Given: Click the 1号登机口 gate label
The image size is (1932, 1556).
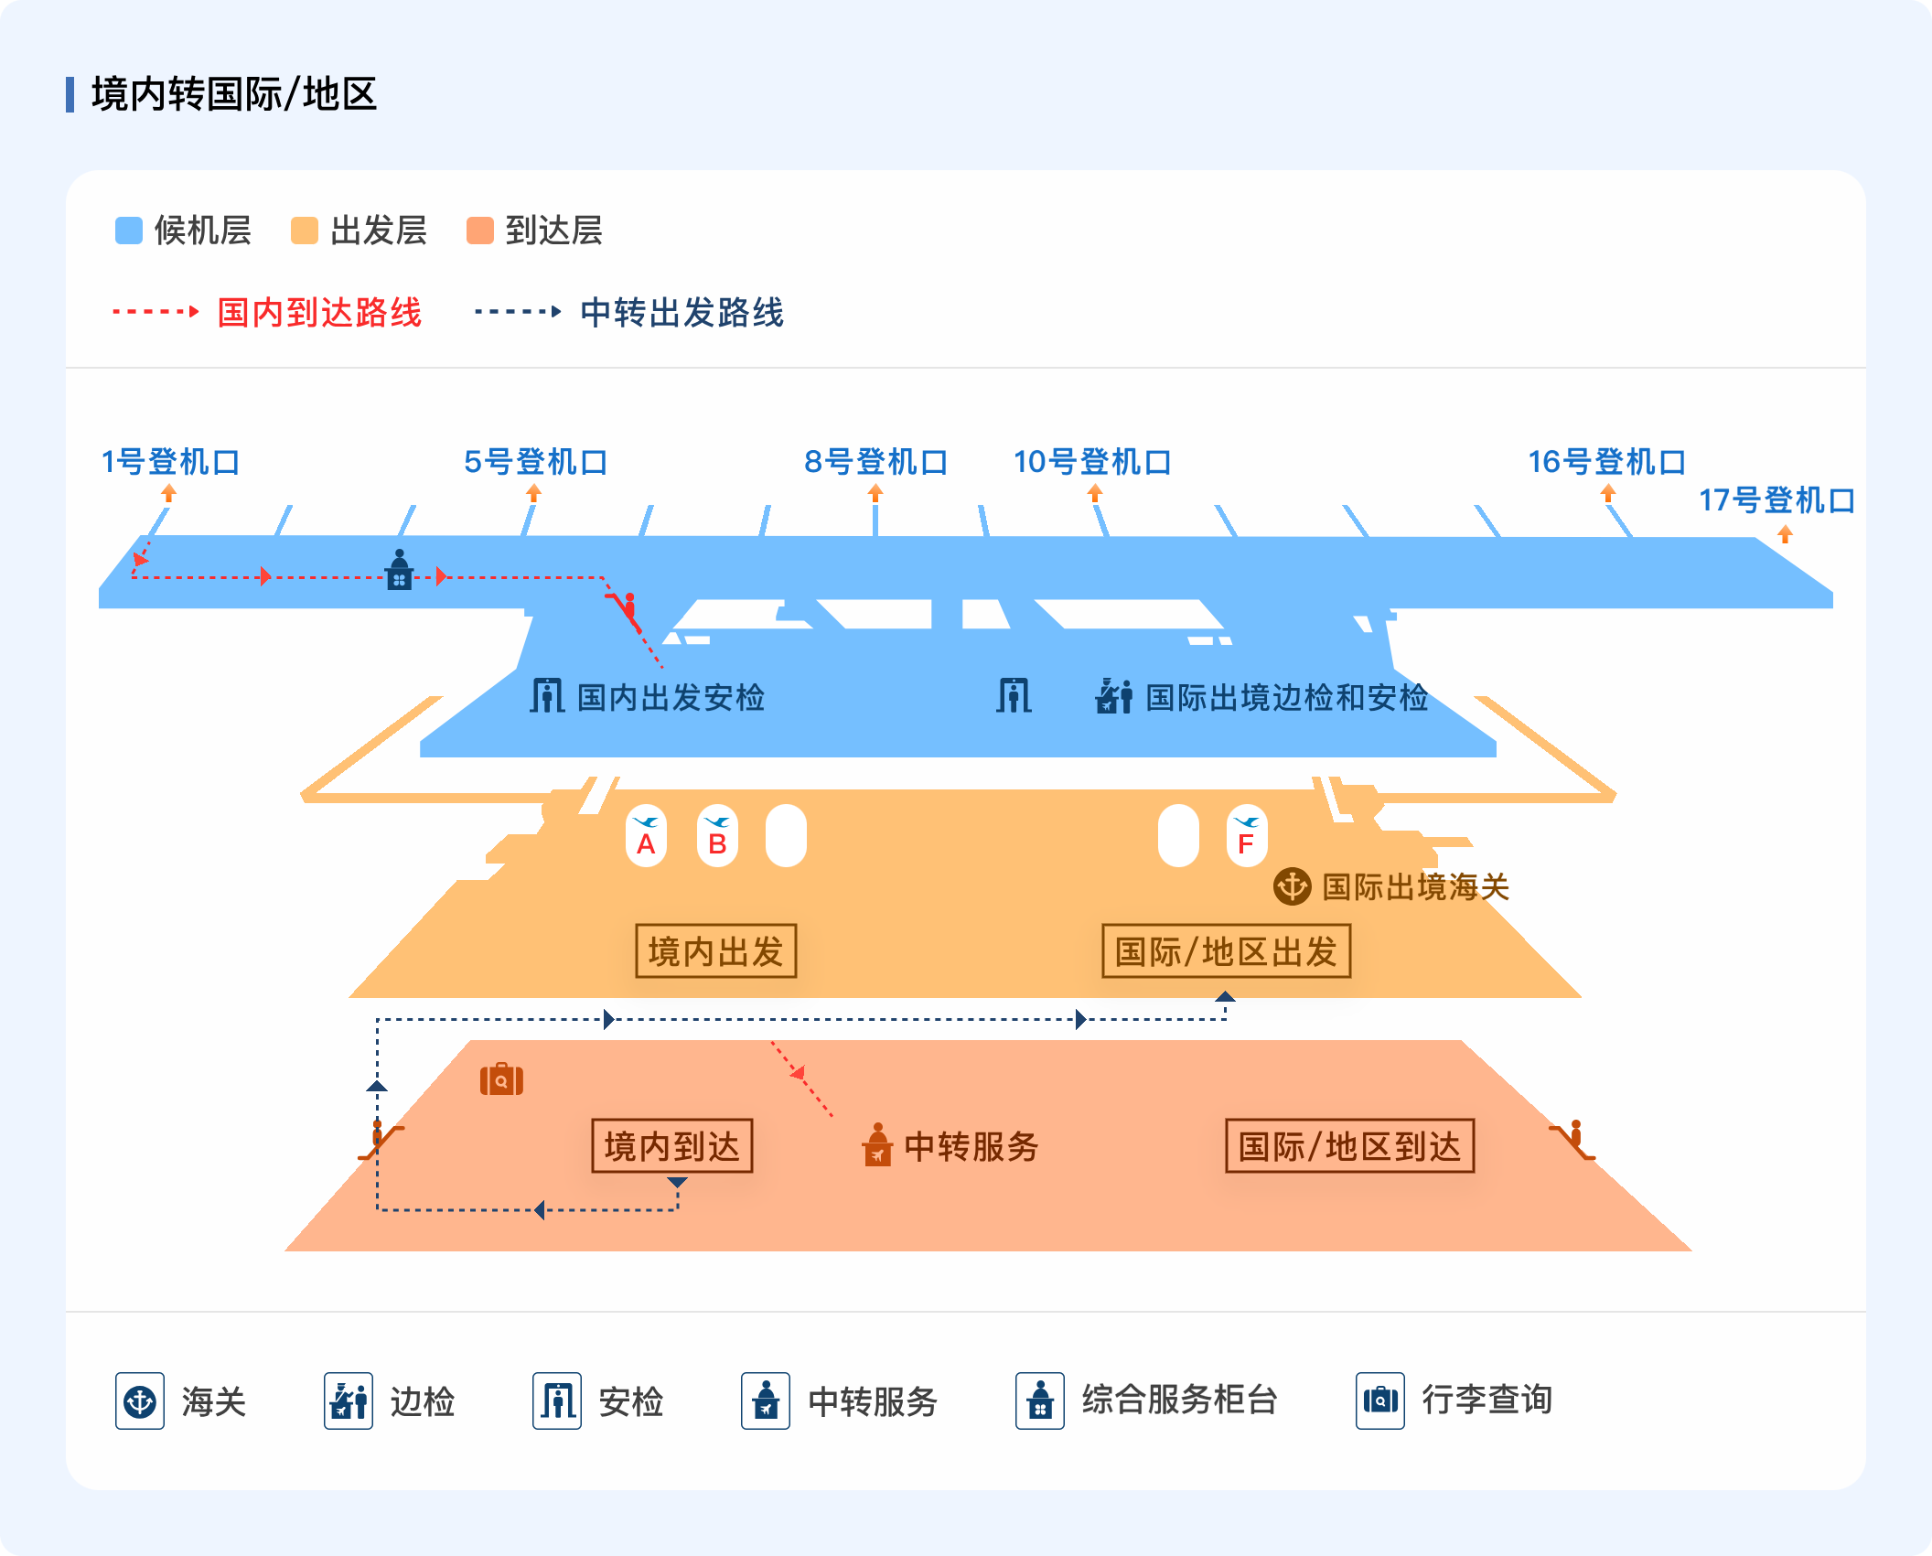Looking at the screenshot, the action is click(170, 462).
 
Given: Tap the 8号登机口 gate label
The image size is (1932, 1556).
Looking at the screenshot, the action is click(875, 462).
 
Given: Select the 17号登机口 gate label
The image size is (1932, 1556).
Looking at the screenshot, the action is click(1776, 500).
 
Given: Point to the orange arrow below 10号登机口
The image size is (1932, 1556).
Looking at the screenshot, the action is click(1095, 493).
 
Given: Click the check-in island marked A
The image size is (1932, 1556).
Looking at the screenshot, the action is click(646, 836).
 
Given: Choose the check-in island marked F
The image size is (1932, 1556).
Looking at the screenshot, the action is click(1246, 836).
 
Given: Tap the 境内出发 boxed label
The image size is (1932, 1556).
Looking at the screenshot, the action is click(715, 951).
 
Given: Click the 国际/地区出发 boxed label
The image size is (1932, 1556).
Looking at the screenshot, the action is click(1226, 951).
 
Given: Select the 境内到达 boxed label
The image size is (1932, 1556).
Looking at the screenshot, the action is click(671, 1146).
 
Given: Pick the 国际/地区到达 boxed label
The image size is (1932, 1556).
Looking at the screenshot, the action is click(1349, 1146).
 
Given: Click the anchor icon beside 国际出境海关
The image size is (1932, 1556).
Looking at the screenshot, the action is click(1292, 885).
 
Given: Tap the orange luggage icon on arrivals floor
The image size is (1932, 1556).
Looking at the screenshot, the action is click(501, 1079).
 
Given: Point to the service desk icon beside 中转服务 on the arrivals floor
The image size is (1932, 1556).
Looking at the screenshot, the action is click(877, 1145).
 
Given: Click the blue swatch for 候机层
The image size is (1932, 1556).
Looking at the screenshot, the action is click(129, 231).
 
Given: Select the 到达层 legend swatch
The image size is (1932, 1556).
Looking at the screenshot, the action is click(480, 231).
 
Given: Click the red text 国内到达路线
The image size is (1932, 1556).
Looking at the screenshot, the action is click(319, 313).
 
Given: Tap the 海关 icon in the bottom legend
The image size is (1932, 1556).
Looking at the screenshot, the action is click(140, 1400).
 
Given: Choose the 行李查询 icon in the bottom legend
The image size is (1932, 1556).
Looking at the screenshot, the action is click(1380, 1400).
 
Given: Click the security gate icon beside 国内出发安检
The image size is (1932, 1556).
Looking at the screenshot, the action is click(547, 695).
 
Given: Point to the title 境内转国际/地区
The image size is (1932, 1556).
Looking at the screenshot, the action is click(234, 94).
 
